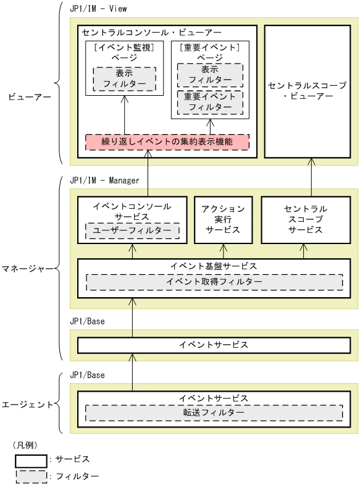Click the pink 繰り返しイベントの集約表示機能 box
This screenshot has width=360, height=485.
tap(167, 142)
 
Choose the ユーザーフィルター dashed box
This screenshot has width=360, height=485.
tap(132, 230)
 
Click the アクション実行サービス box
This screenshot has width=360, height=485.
tap(224, 219)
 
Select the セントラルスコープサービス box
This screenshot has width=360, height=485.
tap(306, 219)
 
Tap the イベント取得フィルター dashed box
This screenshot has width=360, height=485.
tap(214, 282)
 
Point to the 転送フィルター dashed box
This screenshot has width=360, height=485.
tap(214, 412)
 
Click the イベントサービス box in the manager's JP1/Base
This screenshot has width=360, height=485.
tap(214, 345)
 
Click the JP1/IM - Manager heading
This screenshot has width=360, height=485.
tap(104, 180)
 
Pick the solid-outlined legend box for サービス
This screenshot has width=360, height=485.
tap(31, 460)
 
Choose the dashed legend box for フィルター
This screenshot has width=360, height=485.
tap(31, 476)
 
